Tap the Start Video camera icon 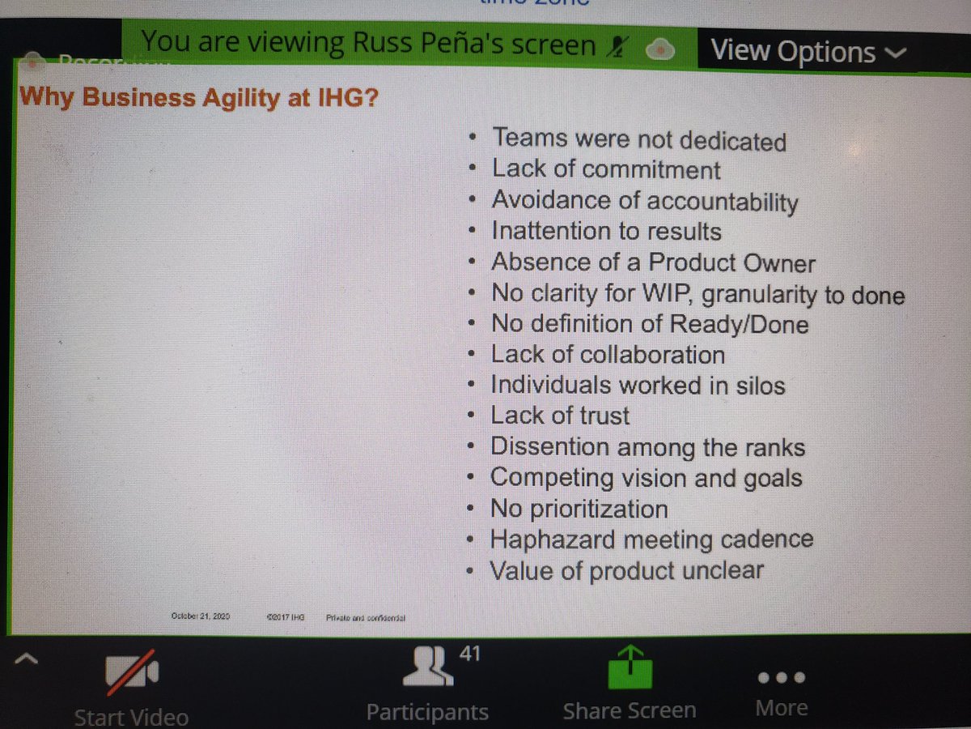(130, 674)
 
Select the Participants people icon (428, 667)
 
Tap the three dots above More (782, 676)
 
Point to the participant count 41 (470, 652)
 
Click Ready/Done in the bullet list (737, 325)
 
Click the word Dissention (549, 446)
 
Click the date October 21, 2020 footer (201, 616)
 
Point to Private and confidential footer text (365, 617)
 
